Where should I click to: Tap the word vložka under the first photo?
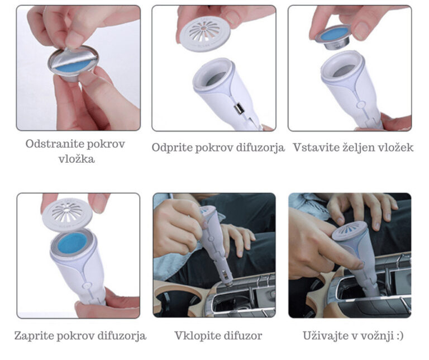(77, 159)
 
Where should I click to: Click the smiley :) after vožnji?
(398, 336)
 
